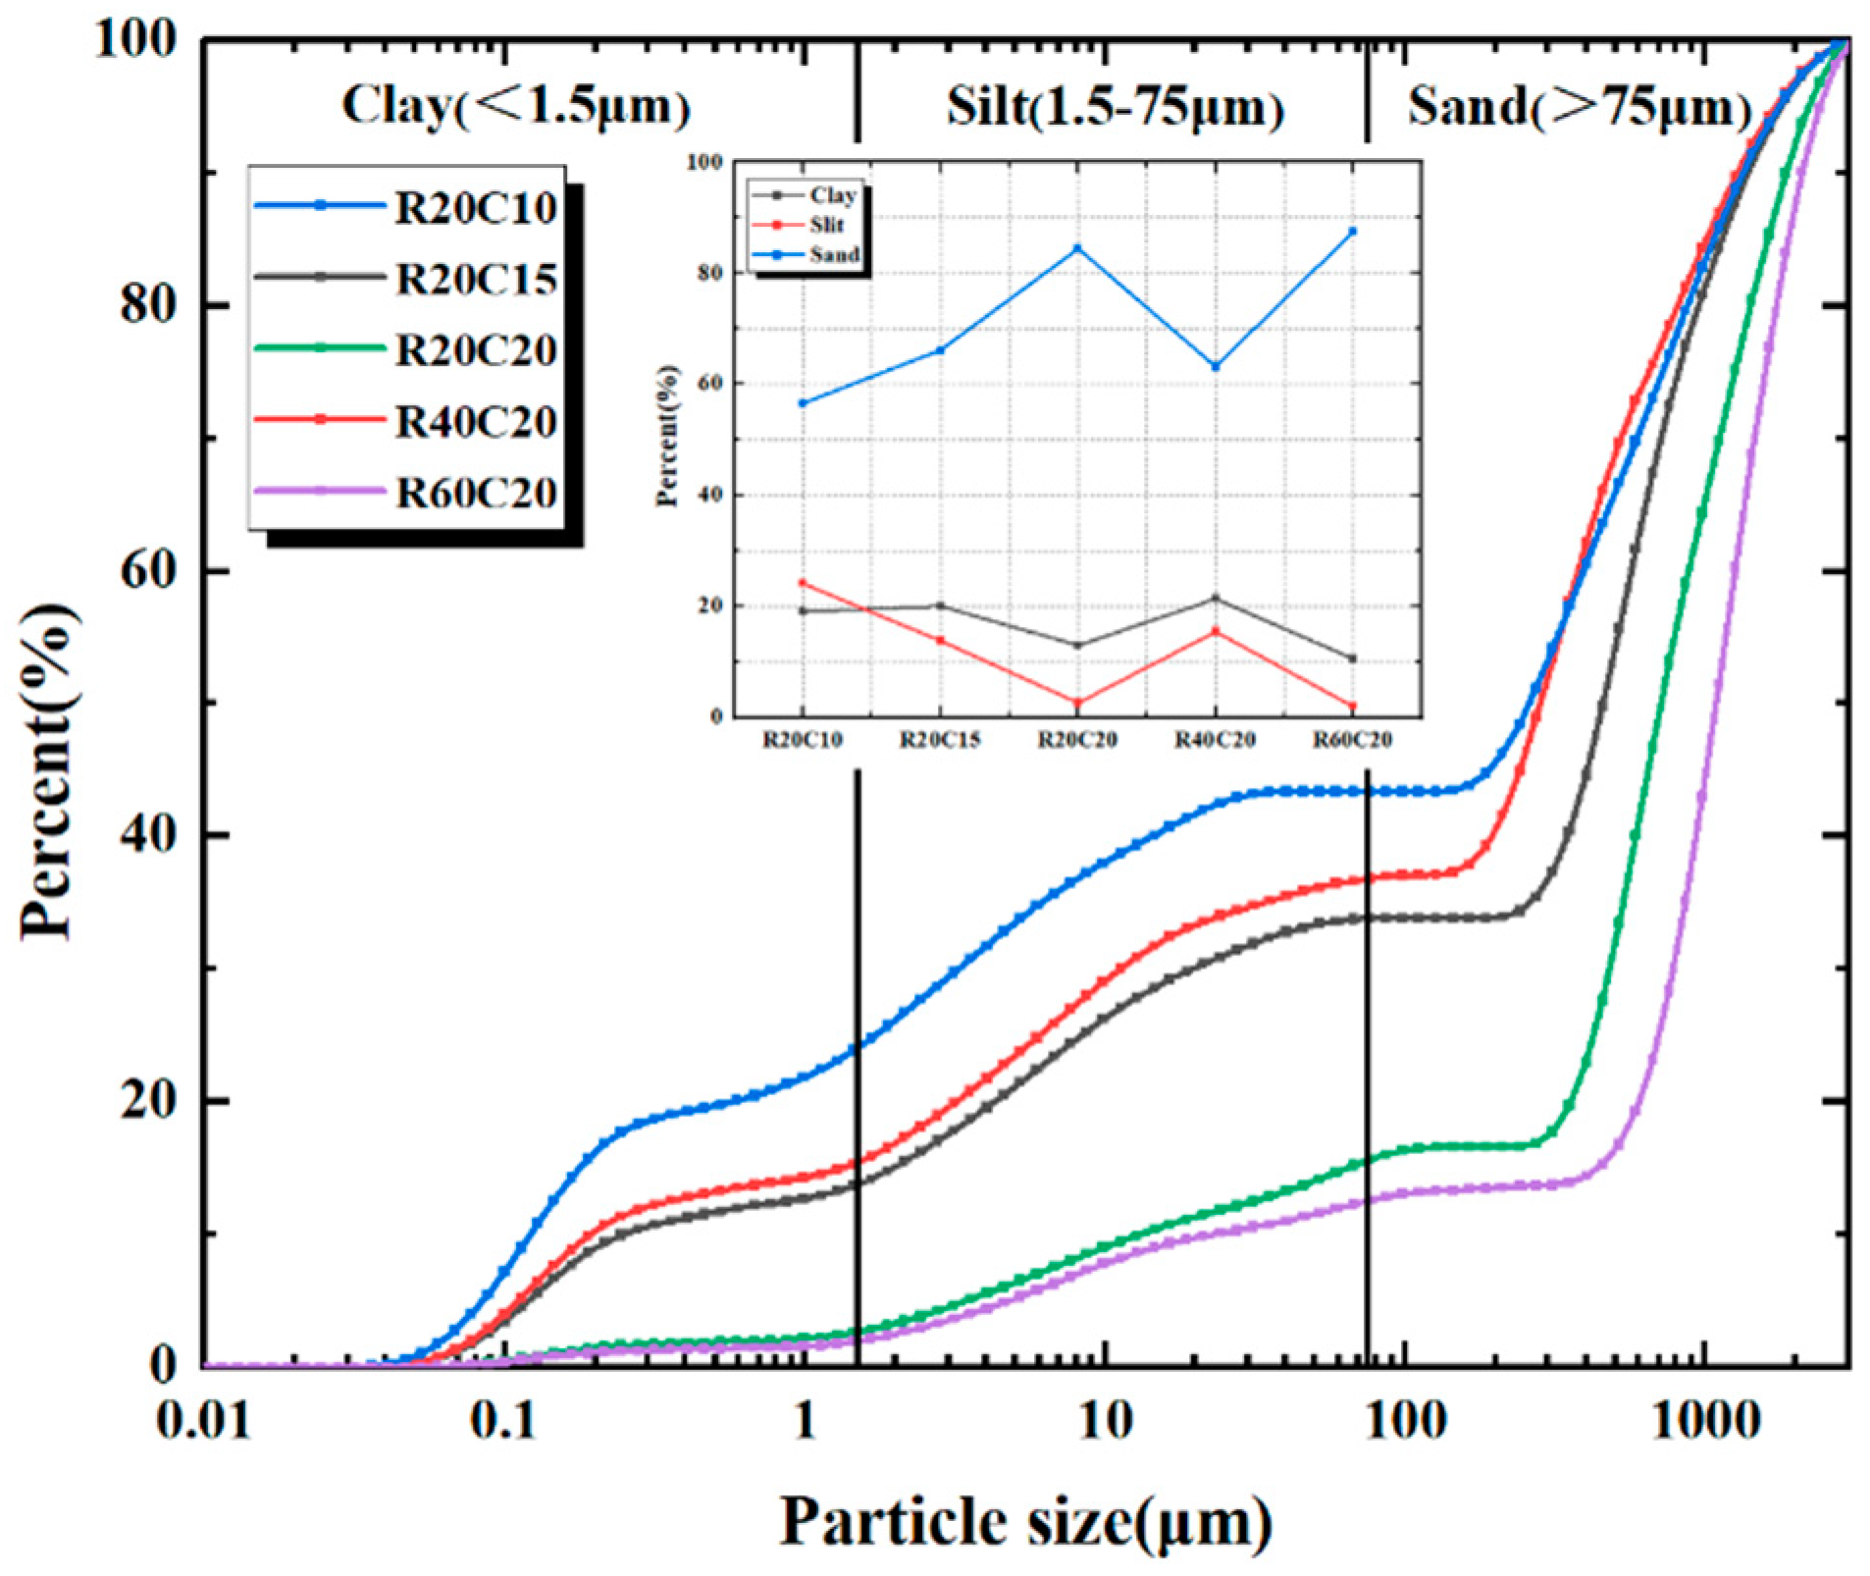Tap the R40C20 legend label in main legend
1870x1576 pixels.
coord(475,422)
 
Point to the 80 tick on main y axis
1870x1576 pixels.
coord(147,305)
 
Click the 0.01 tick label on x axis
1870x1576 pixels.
coord(203,1420)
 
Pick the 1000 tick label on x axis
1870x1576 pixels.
coord(1705,1420)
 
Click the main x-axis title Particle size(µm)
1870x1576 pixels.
coord(1025,1522)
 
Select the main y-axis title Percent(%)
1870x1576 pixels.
coord(47,770)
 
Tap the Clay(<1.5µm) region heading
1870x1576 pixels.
coord(516,106)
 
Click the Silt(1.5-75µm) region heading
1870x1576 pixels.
coord(1115,108)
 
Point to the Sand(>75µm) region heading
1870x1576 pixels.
coord(1580,108)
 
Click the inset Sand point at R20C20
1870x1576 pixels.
coord(1077,248)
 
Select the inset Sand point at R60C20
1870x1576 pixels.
coord(1352,232)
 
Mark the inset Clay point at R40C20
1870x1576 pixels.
coord(1216,598)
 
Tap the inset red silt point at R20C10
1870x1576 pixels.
coord(803,583)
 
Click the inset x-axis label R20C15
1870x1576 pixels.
coord(940,740)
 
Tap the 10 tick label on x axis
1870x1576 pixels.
coord(1106,1420)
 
